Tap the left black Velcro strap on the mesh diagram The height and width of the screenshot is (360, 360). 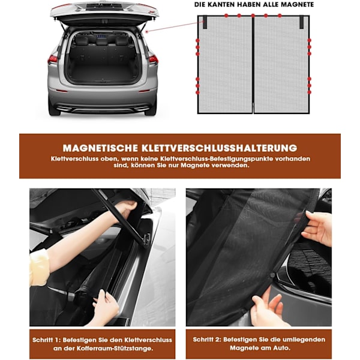click(205, 22)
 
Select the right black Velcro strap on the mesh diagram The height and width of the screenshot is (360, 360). click(301, 22)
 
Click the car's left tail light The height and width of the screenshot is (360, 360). click(53, 59)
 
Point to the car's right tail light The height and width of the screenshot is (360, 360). click(154, 59)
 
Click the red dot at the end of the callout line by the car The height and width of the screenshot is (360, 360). click(147, 32)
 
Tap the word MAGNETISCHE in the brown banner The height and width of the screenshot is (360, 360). click(100, 148)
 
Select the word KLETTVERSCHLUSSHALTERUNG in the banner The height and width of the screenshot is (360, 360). click(219, 148)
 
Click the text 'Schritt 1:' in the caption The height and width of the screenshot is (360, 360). click(46, 340)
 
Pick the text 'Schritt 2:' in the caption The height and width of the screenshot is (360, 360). click(207, 340)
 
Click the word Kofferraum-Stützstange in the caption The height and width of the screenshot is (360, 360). click(115, 348)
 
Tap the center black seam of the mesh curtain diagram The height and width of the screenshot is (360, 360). click(253, 64)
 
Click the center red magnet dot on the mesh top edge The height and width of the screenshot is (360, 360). click(253, 16)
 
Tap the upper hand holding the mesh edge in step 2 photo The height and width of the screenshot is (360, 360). click(318, 227)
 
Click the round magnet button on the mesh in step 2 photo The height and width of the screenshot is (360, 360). click(272, 275)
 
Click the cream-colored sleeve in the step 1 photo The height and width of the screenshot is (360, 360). click(39, 268)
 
